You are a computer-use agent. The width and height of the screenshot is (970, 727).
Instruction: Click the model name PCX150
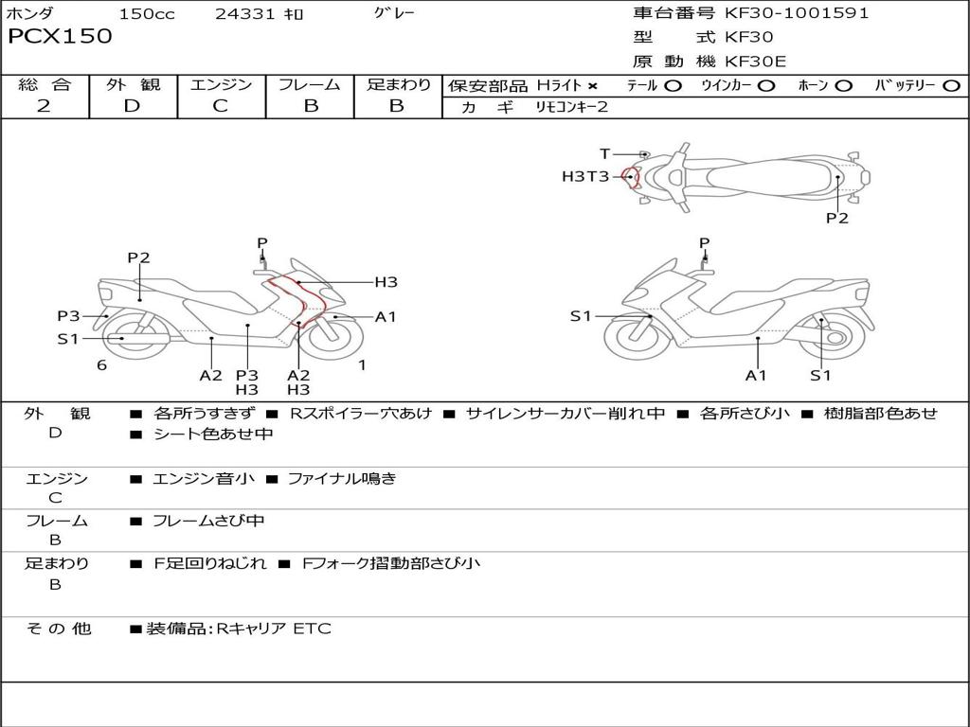coord(60,36)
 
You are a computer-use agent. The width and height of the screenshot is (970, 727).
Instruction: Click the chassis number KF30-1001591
coord(797,12)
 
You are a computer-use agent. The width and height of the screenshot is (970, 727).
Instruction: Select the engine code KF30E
coord(755,62)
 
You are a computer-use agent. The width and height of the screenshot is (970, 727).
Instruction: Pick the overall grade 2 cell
coord(44,106)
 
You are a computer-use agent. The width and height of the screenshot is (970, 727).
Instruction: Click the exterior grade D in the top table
coord(132,106)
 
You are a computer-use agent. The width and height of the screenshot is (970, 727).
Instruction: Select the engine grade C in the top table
coord(220,106)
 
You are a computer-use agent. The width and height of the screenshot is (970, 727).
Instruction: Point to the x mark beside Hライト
coord(593,86)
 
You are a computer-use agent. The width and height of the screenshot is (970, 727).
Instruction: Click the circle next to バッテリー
coord(951,86)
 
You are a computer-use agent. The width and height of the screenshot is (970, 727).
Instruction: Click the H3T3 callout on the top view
coord(585,176)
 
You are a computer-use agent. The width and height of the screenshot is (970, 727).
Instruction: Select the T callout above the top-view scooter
coord(605,153)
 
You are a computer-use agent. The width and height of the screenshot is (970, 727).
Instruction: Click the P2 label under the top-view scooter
coord(837,218)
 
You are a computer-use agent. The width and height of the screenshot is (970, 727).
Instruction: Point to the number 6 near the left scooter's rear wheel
coord(101,365)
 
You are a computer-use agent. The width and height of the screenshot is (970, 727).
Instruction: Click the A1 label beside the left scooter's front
coord(386,316)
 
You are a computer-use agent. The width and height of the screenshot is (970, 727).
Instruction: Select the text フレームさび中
coord(208,521)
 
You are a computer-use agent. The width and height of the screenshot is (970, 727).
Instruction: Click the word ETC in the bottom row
coord(312,629)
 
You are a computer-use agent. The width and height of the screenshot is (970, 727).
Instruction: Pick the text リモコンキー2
coord(571,106)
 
